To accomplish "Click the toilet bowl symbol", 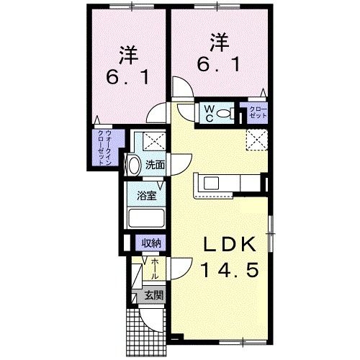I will pos(224,113).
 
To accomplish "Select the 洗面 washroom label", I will pos(155,164).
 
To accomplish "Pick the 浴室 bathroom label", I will pos(148,194).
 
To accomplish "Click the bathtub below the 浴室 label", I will pos(146,217).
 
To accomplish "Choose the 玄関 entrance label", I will pos(152,294).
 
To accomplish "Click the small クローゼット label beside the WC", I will pos(257,113).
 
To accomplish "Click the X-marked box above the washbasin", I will pos(152,140).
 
